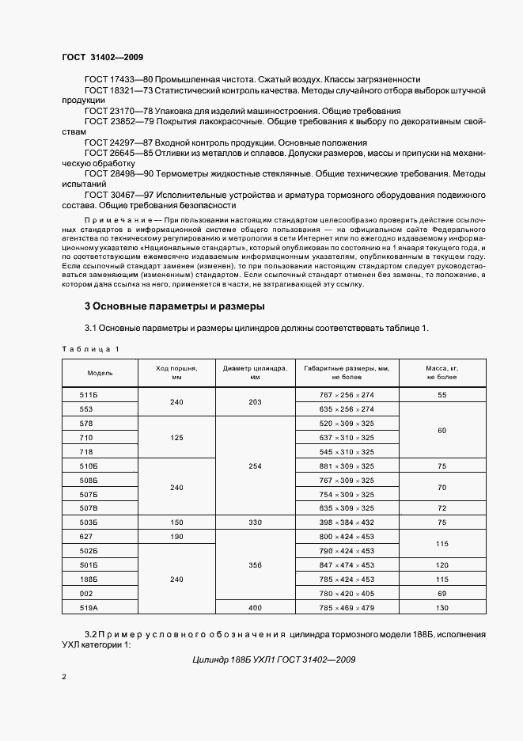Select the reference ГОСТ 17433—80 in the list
pos(118,80)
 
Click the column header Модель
pos(100,373)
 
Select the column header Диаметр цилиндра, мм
pos(255,373)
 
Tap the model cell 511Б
pos(87,394)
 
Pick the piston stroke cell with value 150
pos(176,522)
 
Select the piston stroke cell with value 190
pos(176,537)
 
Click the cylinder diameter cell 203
pos(255,402)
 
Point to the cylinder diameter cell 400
pos(255,608)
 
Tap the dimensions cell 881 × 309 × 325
pos(347,466)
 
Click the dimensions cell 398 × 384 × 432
pos(347,522)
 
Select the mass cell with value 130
pos(442,608)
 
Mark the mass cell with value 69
pos(442,594)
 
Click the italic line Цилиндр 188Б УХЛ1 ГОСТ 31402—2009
pos(268,660)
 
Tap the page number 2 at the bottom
pos(64,678)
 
